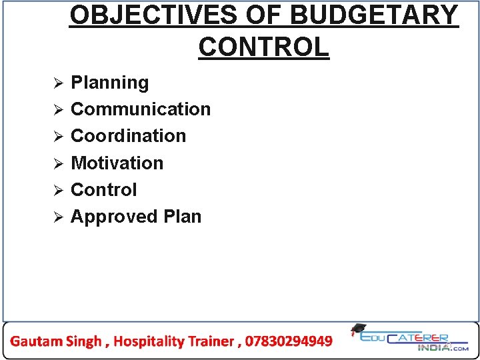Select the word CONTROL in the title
[x=263, y=47]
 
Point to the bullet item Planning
[x=110, y=83]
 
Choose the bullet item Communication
[x=141, y=109]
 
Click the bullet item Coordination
[x=128, y=136]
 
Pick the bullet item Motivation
[x=117, y=163]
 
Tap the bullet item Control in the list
[x=103, y=190]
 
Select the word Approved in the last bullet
[x=114, y=217]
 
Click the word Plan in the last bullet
[x=182, y=217]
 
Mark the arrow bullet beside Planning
[x=58, y=84]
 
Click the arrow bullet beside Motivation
[x=58, y=164]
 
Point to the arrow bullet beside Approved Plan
[x=58, y=217]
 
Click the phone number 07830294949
[x=289, y=341]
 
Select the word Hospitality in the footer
[x=148, y=341]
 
